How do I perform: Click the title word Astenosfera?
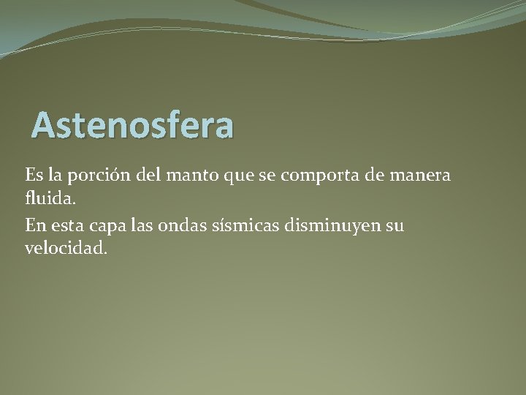pos(133,125)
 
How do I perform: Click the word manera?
pos(421,176)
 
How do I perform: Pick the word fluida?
pos(49,198)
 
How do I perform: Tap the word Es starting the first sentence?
pos(34,176)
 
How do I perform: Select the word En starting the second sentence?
pos(35,225)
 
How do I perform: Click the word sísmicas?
pos(253,225)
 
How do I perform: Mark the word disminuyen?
pos(338,225)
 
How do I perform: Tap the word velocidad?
pos(66,247)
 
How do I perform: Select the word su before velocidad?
pos(394,226)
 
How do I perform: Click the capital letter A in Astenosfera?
pos(43,125)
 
